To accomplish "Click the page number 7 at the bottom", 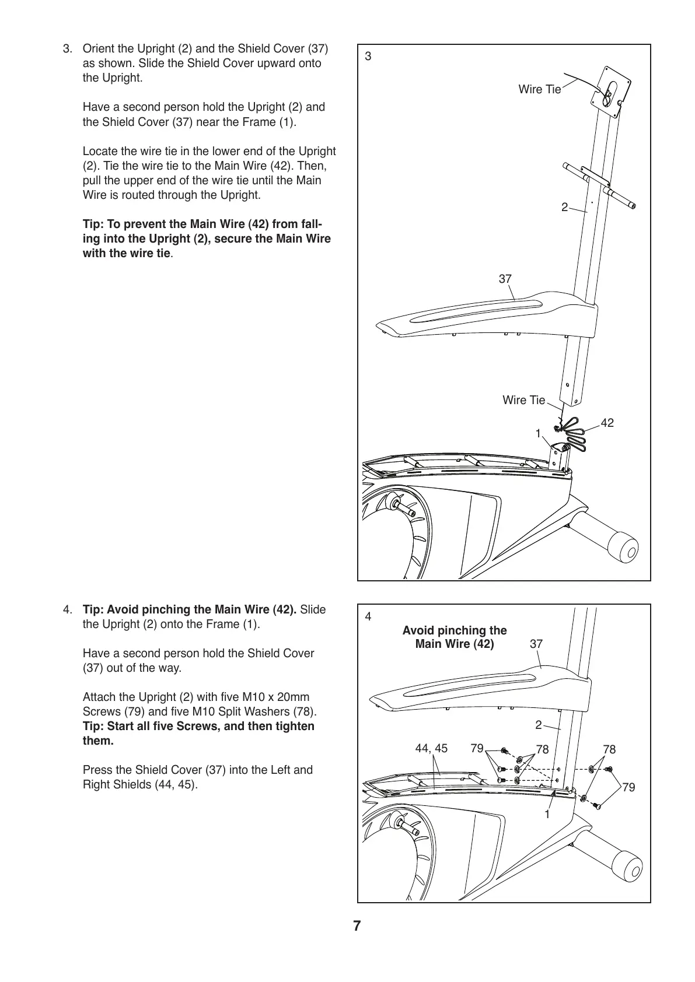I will (357, 927).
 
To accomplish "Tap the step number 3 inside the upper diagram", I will (368, 57).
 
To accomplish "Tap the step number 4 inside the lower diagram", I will (368, 616).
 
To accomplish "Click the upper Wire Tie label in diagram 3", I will (539, 89).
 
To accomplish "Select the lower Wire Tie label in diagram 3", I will (523, 400).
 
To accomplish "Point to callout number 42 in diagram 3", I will (607, 423).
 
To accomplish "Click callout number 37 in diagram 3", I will (505, 279).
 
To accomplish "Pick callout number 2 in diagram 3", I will (564, 207).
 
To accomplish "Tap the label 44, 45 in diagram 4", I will (431, 748).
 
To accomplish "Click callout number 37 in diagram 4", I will (536, 644).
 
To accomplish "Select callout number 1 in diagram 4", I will (547, 814).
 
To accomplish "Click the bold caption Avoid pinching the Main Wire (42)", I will (455, 637).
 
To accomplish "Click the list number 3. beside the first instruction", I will (68, 48).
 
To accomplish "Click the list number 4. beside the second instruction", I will (68, 610).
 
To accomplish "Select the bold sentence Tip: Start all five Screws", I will (198, 734).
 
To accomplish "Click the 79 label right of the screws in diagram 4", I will (628, 787).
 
